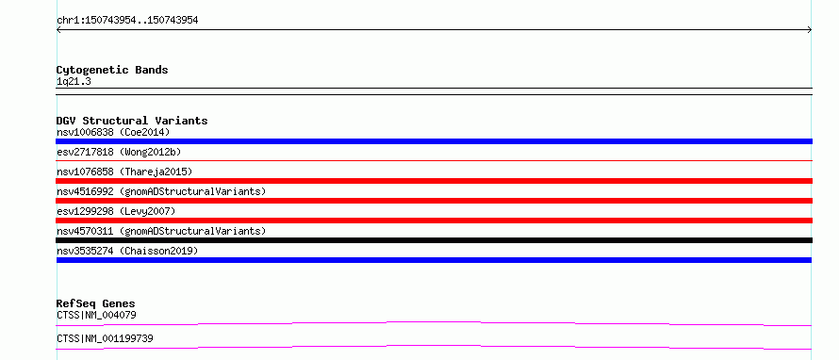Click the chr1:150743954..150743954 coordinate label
[x=127, y=21]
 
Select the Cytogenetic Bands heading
[x=112, y=70]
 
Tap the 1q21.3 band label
[x=70, y=81]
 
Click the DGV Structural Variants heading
[x=132, y=121]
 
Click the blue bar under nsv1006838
[x=434, y=141]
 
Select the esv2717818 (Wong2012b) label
[x=119, y=152]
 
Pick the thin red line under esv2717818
[x=434, y=160]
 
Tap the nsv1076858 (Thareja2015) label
[x=124, y=172]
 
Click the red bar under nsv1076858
[x=434, y=181]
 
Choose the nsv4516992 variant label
[x=161, y=191]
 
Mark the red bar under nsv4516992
[x=434, y=201]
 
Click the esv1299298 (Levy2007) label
[x=116, y=211]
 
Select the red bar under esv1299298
[x=434, y=221]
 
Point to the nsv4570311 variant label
[x=161, y=231]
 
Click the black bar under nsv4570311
[x=434, y=240]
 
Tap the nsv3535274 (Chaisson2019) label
[x=127, y=251]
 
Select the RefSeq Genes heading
[x=96, y=303]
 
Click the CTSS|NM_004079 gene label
[x=96, y=315]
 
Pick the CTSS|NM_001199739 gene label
[x=106, y=338]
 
